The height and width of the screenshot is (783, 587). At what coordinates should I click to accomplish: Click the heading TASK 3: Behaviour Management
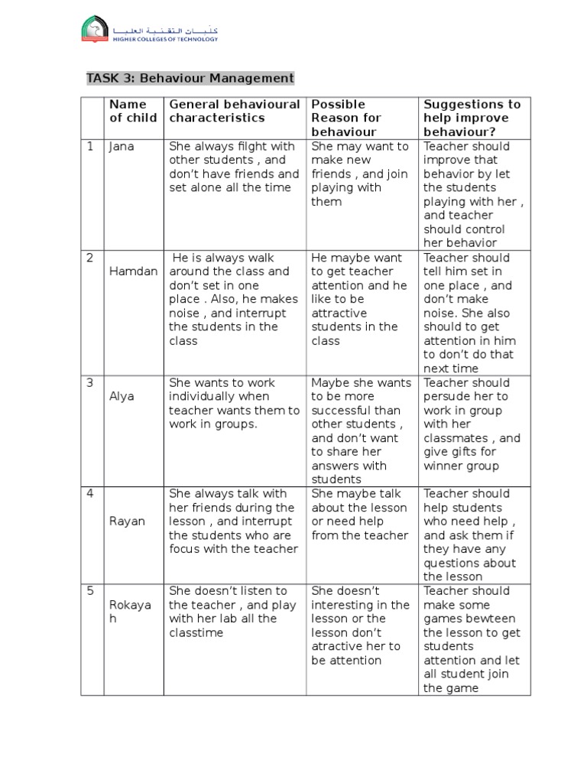(x=190, y=78)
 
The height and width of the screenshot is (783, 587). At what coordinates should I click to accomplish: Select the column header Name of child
(x=133, y=111)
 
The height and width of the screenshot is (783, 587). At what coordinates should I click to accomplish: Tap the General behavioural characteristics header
(x=234, y=111)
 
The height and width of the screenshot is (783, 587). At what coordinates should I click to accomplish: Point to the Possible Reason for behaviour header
(x=345, y=118)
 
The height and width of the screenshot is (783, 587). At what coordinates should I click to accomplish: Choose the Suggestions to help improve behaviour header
(x=472, y=118)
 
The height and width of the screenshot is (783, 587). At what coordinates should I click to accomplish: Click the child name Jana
(x=121, y=146)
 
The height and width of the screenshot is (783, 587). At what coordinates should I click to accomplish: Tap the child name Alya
(x=122, y=396)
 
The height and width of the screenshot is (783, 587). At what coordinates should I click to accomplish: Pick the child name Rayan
(x=126, y=521)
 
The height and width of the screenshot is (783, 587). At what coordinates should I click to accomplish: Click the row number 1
(x=90, y=146)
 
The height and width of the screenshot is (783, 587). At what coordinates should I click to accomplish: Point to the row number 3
(x=90, y=382)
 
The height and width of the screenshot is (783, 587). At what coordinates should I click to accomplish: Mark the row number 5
(x=90, y=590)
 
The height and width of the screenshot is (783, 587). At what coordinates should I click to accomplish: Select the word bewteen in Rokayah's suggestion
(x=491, y=619)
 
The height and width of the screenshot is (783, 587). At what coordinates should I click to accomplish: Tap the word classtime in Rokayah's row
(x=196, y=632)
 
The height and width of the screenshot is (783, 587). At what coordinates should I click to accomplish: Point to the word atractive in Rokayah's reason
(x=336, y=646)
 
